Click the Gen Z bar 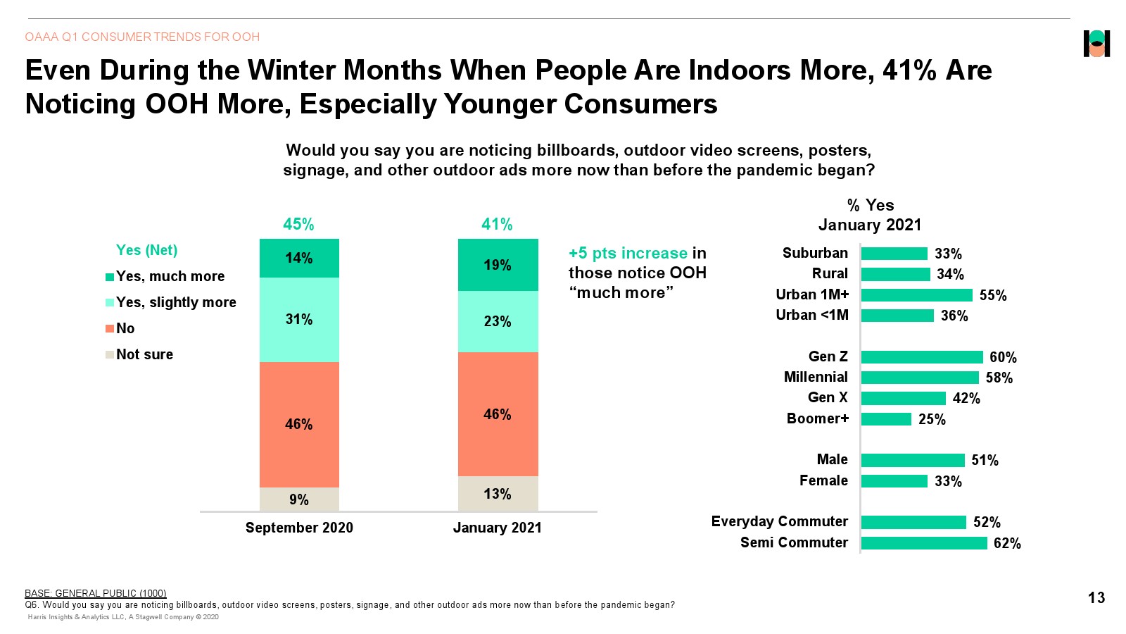[921, 357]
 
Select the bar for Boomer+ [886, 419]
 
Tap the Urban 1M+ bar [916, 295]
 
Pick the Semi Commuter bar [923, 543]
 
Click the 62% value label [1007, 543]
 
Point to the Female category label [823, 480]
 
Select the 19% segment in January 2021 [498, 265]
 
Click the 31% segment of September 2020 [299, 320]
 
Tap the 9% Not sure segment [299, 499]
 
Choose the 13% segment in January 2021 [498, 494]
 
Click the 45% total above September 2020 [298, 224]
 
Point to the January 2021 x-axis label [497, 528]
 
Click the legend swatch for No [110, 328]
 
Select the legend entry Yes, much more [170, 276]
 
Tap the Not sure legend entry [144, 354]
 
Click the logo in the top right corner [1096, 44]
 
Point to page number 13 [1096, 597]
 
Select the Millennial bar [920, 378]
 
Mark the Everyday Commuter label [779, 521]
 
